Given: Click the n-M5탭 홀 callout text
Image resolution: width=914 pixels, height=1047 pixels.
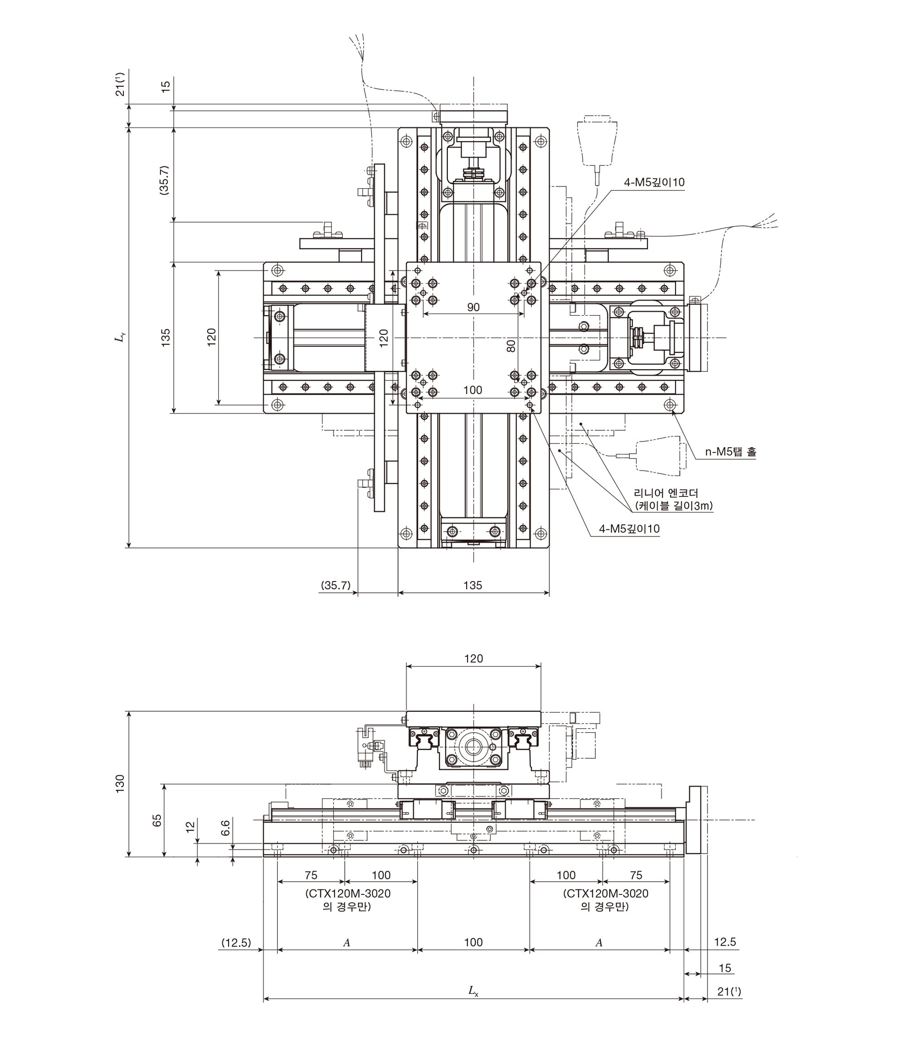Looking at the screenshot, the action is pos(730,452).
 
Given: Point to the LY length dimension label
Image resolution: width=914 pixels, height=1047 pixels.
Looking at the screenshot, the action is pos(120,338).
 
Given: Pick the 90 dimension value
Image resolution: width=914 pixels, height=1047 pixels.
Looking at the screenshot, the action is pos(473,307).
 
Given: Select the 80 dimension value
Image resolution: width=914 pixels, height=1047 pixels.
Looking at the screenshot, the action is pos(511,346).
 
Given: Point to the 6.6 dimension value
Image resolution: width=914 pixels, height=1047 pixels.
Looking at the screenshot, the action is pos(225,828).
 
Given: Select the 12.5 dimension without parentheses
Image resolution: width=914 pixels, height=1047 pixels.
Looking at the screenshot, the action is pos(725,941).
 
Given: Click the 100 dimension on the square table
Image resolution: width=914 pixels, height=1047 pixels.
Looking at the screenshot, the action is pos(473,390).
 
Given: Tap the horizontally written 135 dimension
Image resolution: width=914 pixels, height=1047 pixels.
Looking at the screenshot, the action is pos(473,585).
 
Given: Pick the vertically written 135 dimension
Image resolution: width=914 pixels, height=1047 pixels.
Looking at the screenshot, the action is pos(166,338).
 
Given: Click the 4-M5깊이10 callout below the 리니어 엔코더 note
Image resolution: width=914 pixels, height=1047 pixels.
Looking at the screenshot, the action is pos(629,529).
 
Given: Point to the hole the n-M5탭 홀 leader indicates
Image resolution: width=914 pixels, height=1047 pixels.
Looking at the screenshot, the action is pos(670,405).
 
